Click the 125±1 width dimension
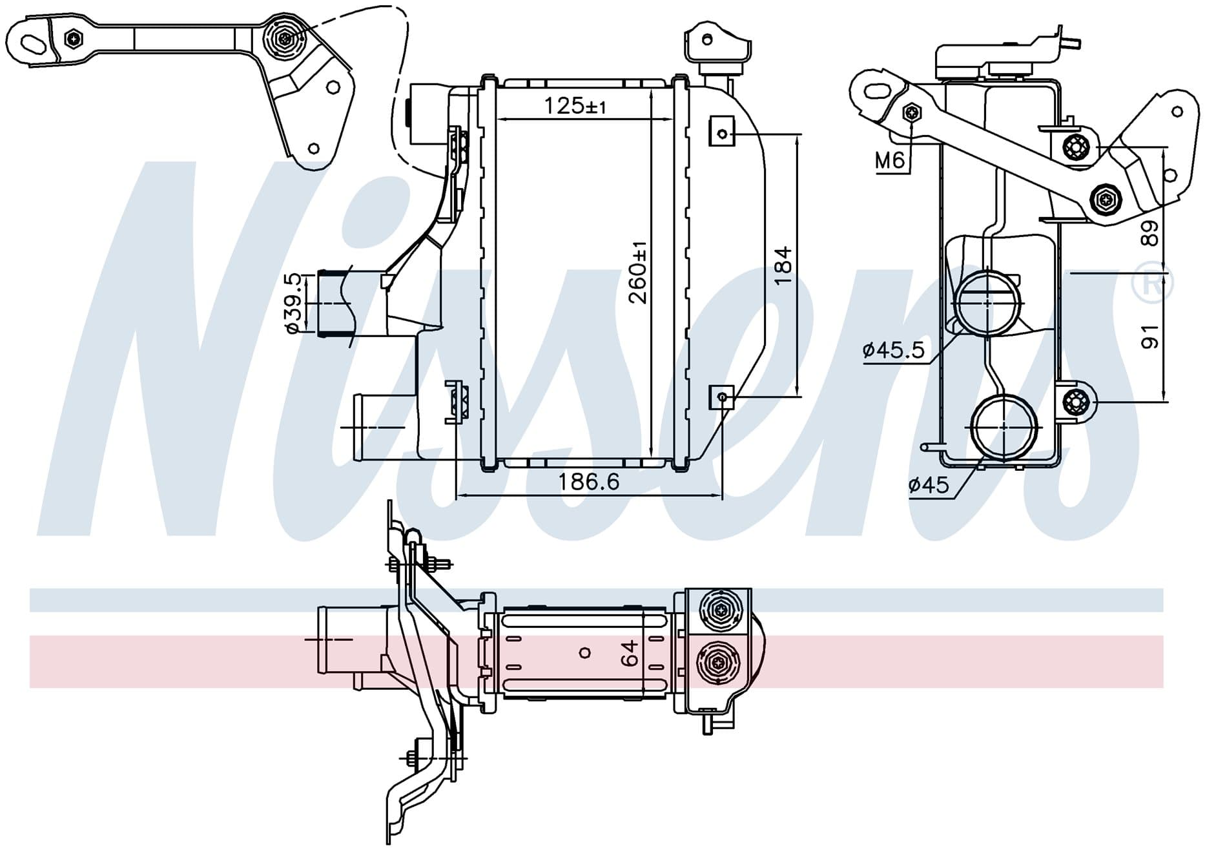pos(575,105)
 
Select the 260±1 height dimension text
pos(638,272)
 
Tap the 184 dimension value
pos(782,265)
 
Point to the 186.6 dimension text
pos(588,481)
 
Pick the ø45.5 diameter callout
pos(894,350)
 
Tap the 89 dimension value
pos(1149,233)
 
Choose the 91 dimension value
pos(1149,337)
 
